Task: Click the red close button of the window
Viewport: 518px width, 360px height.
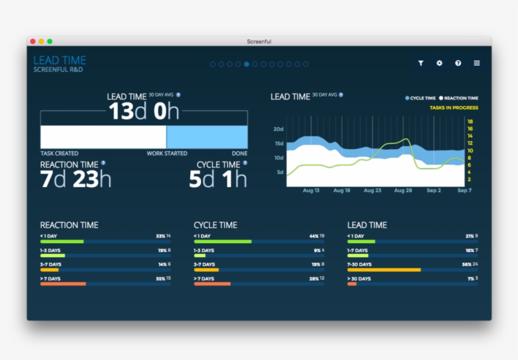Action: tap(33, 41)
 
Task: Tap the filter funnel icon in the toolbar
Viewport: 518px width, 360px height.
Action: tap(421, 63)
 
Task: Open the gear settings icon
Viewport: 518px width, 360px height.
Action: tap(440, 63)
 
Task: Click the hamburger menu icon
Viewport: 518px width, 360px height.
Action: tap(477, 63)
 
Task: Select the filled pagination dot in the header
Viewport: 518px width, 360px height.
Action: tap(246, 64)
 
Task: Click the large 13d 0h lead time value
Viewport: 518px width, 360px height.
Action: tap(144, 112)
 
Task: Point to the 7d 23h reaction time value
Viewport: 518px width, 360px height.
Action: tap(75, 179)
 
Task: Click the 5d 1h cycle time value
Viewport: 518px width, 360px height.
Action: tap(218, 179)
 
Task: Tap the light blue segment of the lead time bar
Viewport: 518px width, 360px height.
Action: tap(207, 137)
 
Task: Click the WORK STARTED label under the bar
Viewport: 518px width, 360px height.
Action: tap(167, 153)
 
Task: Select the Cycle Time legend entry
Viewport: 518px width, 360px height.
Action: tap(421, 98)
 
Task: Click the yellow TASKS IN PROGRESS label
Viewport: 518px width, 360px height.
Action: tap(454, 108)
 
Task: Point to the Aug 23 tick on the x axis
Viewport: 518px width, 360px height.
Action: tap(372, 190)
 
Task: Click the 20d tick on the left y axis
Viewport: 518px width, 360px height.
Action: tap(278, 129)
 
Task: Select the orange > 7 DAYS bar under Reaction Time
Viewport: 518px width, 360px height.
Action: tap(63, 284)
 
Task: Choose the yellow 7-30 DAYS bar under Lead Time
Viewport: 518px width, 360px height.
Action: tap(384, 270)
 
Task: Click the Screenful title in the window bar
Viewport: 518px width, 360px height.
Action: tap(259, 41)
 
